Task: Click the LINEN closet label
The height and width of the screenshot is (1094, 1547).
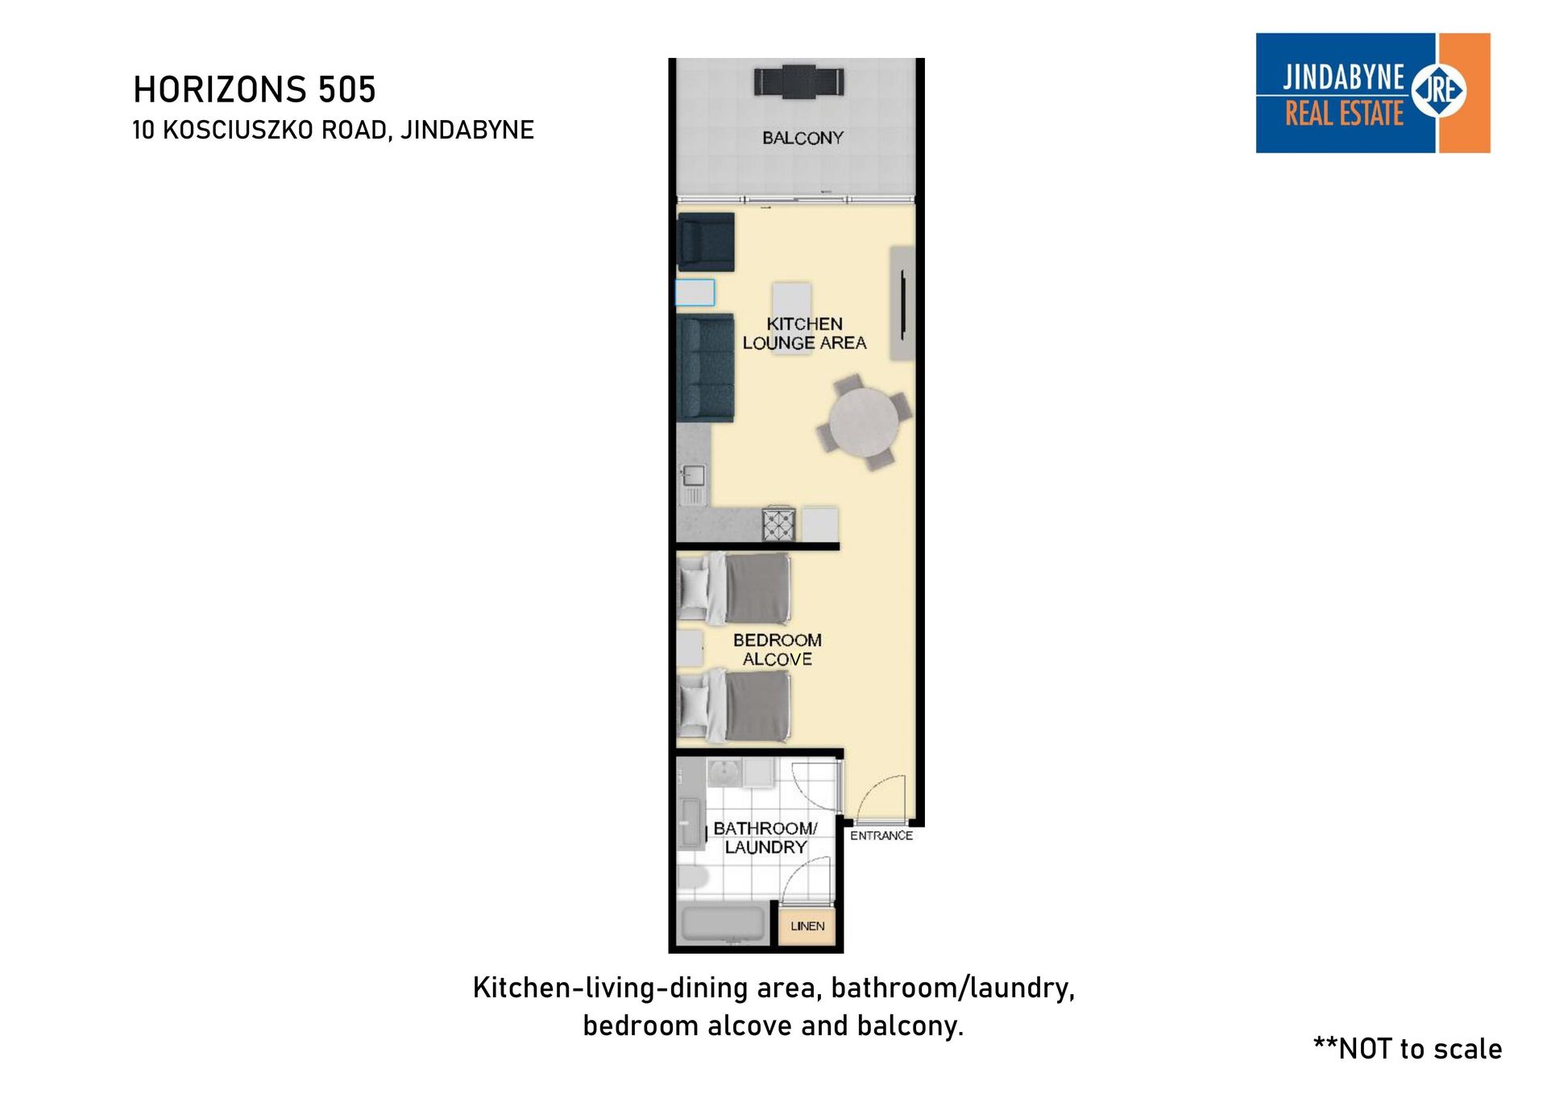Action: [807, 926]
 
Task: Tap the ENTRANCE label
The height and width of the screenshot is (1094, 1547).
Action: [881, 835]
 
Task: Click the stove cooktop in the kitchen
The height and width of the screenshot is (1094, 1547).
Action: [779, 524]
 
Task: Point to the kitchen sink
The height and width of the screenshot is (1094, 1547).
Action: [694, 484]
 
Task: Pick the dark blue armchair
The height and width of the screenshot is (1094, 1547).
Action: [706, 242]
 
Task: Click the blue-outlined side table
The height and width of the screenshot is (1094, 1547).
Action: [695, 292]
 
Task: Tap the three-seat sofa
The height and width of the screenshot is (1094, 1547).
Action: [706, 368]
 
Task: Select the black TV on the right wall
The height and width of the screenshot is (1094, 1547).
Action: [903, 305]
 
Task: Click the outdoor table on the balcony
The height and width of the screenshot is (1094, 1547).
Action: [799, 81]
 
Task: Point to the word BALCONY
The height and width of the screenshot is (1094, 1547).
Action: [803, 138]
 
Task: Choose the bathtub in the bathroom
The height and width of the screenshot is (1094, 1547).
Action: [723, 925]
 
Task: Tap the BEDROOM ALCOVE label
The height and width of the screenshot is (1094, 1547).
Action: [777, 649]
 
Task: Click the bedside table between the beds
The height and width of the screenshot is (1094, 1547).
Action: [689, 649]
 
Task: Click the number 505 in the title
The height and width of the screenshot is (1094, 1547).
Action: [346, 89]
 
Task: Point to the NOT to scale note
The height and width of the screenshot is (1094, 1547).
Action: [1407, 1048]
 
